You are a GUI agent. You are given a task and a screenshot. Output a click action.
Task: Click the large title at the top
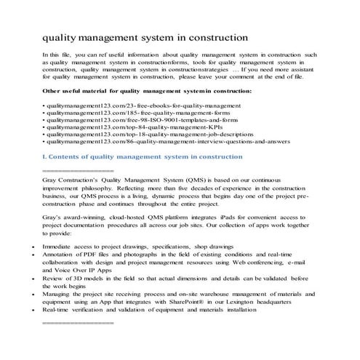(x=145, y=36)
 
